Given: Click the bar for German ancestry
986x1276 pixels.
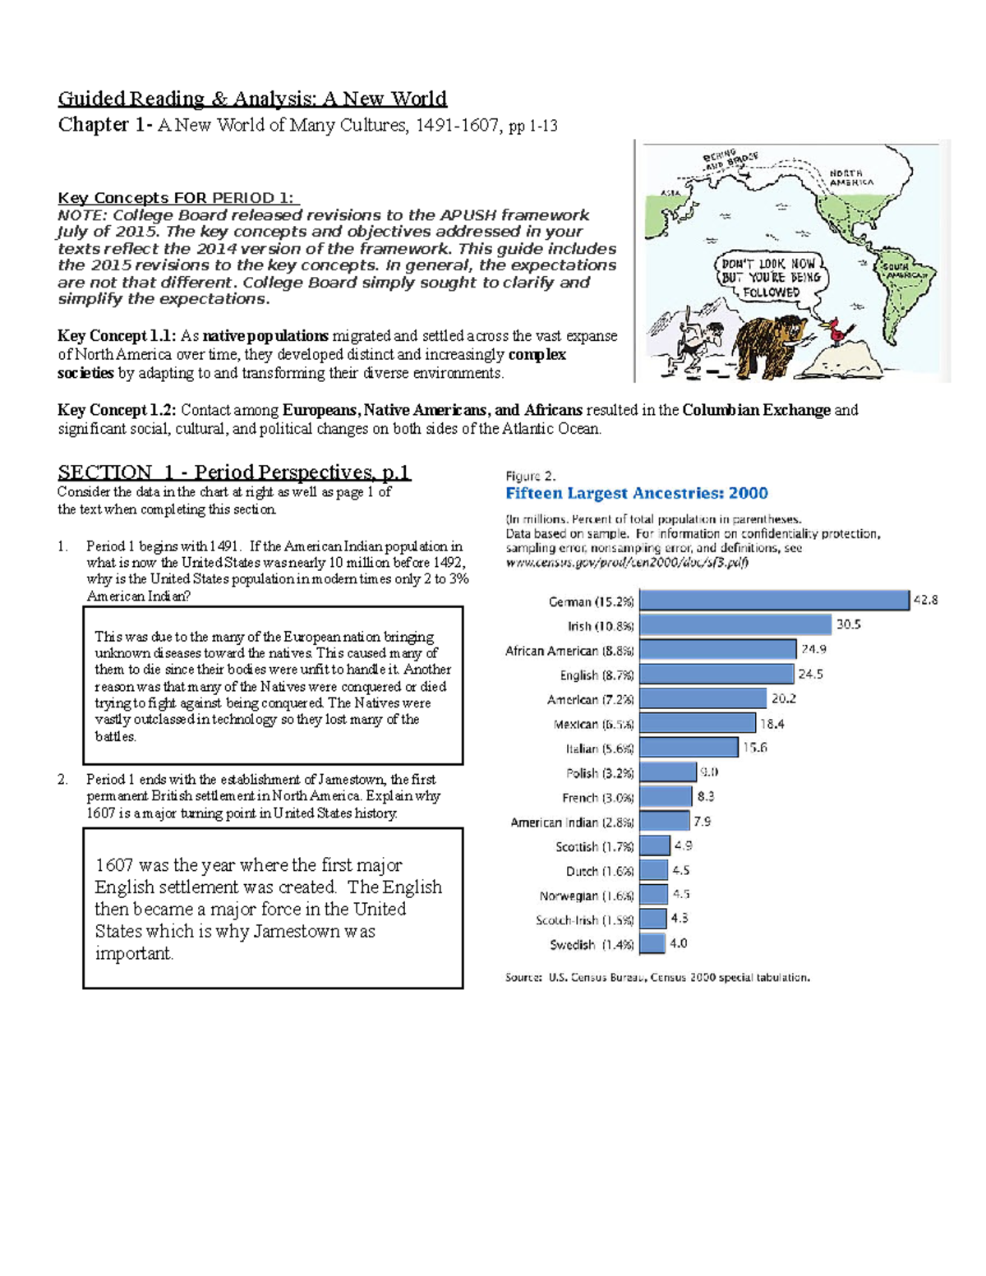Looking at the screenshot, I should click(774, 600).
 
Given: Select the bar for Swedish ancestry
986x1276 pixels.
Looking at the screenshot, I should click(652, 943).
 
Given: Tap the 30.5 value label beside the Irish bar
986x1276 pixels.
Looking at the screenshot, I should click(848, 624).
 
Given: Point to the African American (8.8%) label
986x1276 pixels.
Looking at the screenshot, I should click(569, 651).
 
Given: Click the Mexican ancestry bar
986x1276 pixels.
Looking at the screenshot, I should click(698, 723).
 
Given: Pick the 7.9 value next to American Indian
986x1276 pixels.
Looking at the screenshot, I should click(702, 821).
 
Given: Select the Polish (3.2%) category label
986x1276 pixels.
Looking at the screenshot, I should click(600, 773).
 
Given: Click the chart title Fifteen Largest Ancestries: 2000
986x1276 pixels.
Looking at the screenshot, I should click(636, 493).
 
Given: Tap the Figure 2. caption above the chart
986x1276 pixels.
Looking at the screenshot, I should click(530, 476).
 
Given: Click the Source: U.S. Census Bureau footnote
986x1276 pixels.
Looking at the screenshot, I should click(657, 978).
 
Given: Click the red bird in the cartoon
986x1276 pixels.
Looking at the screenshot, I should click(841, 329).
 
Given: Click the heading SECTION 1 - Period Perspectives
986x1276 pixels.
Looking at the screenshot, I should click(233, 472).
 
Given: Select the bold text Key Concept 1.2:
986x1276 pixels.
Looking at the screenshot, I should click(117, 410).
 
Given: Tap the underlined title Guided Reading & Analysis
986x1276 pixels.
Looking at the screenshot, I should click(251, 99).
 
